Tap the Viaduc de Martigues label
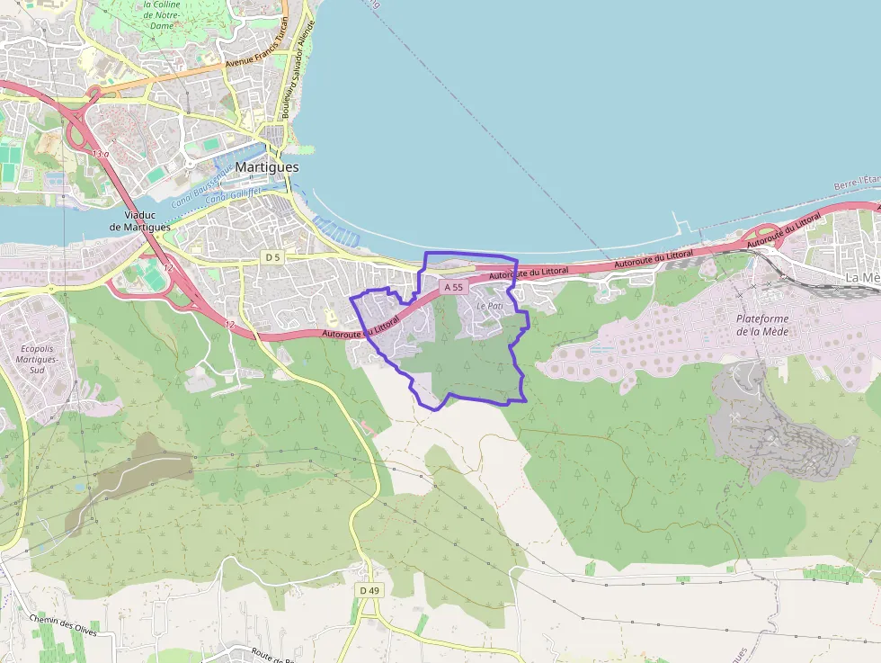coord(139,221)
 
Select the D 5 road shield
coord(272,257)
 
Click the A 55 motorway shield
coord(455,287)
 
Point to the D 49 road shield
coord(369,590)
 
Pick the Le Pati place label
coord(490,306)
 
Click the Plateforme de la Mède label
coord(761,325)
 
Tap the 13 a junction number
coord(100,154)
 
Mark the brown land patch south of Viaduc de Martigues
coord(135,472)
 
